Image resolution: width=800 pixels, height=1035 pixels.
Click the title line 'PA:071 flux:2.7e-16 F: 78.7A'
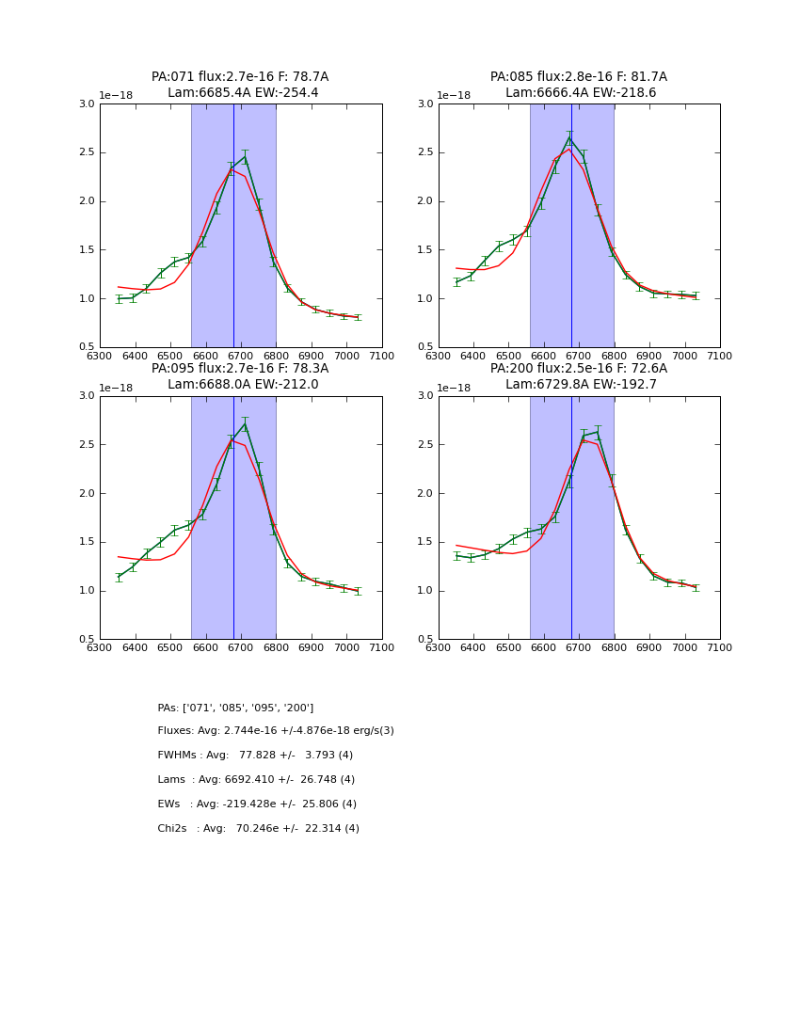tap(240, 77)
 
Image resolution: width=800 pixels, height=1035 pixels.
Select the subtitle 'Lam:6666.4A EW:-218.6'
tap(581, 93)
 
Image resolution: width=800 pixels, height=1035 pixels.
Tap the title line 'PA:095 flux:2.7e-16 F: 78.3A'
tap(240, 369)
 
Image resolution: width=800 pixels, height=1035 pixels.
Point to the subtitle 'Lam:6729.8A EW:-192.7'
tap(581, 385)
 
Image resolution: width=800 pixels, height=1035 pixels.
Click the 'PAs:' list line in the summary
tap(235, 708)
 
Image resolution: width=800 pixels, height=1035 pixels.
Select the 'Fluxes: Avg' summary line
tap(276, 731)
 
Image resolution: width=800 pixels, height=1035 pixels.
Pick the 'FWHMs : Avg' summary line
tap(255, 756)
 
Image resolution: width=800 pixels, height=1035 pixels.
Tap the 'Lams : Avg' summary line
tap(256, 780)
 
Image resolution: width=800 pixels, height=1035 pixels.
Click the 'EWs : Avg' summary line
tap(257, 804)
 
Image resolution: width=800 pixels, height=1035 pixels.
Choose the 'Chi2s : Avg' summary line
tap(258, 829)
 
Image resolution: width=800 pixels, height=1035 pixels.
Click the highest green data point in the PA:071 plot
tap(245, 157)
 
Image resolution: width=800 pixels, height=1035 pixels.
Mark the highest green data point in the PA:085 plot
tap(569, 138)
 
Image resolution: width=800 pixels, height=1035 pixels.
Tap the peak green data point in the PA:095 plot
tap(245, 424)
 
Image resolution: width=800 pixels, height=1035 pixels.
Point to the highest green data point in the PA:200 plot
tap(598, 432)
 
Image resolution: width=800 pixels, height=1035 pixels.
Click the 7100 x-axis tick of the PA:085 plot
tap(720, 356)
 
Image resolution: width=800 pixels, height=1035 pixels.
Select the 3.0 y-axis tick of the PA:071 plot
tap(87, 104)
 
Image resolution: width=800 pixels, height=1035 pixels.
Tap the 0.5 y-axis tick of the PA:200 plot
tap(425, 640)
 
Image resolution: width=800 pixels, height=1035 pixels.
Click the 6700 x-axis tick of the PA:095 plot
tap(241, 647)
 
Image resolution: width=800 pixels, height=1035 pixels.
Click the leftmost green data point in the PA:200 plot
tap(456, 555)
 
